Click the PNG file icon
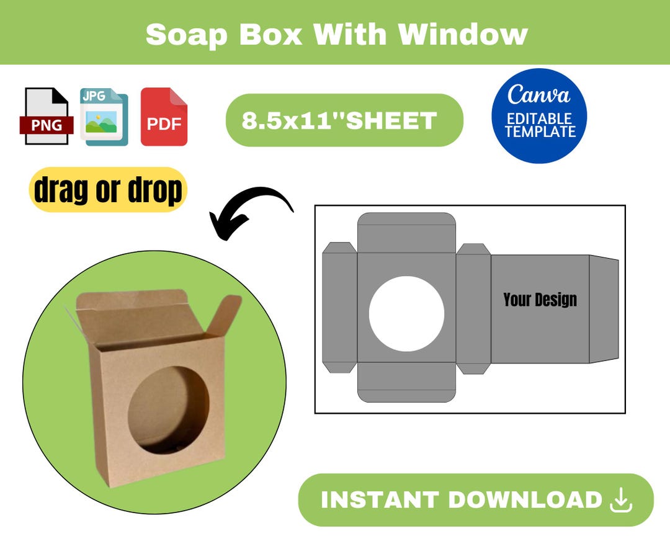[47, 117]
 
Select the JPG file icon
[104, 117]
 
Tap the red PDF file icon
[164, 117]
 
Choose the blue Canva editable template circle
[539, 116]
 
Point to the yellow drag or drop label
[108, 190]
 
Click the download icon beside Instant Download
[621, 501]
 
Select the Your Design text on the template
[540, 300]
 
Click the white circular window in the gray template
[406, 313]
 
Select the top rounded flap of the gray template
[406, 232]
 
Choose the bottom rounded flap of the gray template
[406, 382]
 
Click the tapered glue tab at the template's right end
[604, 309]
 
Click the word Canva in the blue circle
[538, 95]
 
